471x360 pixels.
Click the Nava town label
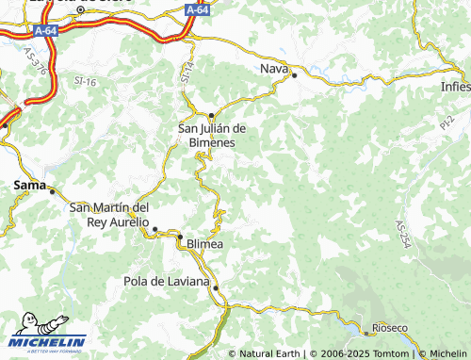[272, 68]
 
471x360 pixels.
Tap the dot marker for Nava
[294, 75]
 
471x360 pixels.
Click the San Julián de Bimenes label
[212, 135]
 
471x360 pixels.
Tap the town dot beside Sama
[53, 191]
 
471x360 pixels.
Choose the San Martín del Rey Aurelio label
[110, 215]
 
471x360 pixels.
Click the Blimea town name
[206, 242]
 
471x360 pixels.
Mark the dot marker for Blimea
[181, 237]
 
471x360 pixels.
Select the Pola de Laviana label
[167, 281]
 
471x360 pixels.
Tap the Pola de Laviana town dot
[216, 287]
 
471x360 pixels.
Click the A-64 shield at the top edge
[196, 8]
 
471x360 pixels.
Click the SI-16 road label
[86, 83]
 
